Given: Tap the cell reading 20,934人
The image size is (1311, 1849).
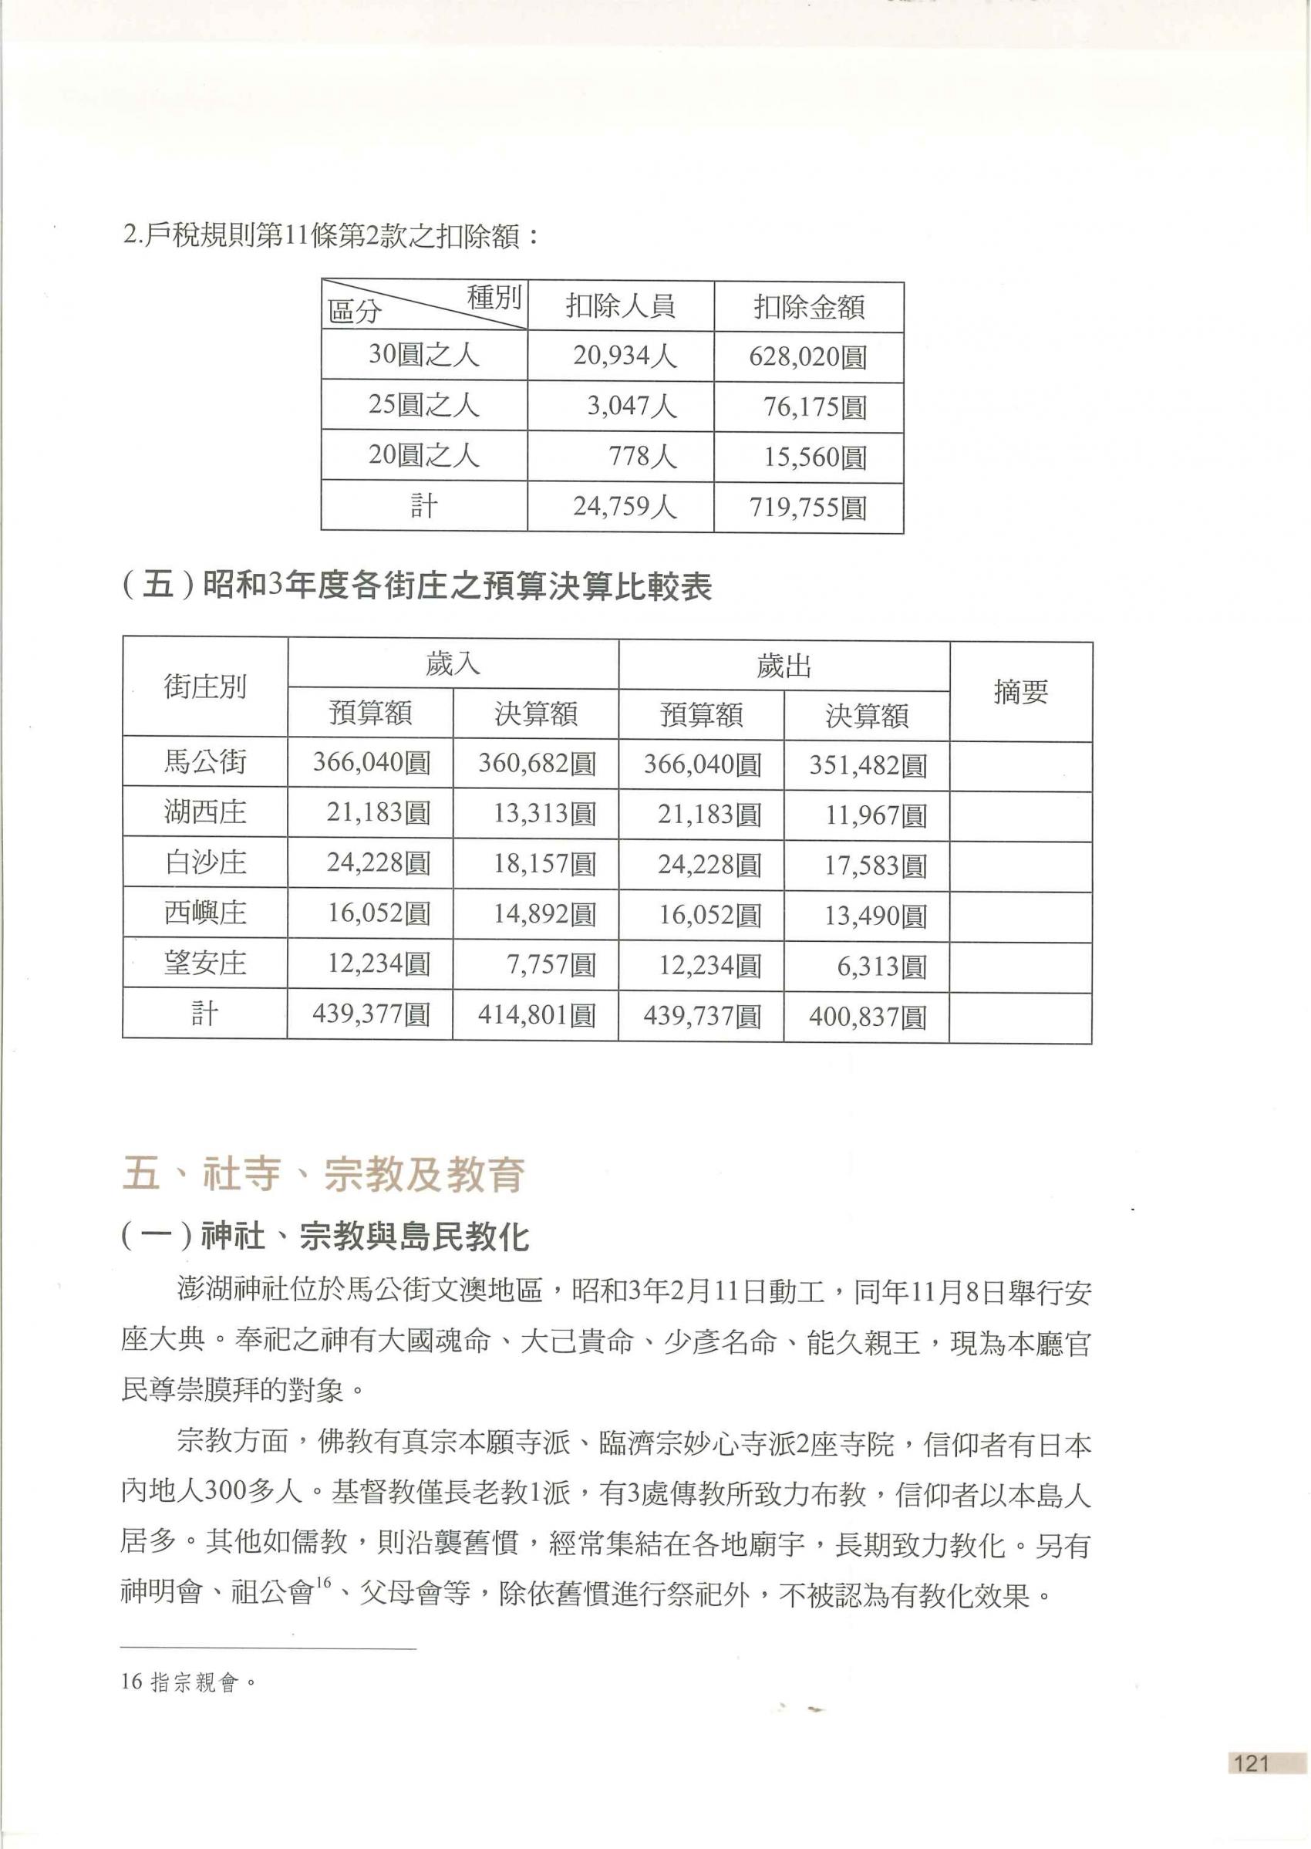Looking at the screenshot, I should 624,356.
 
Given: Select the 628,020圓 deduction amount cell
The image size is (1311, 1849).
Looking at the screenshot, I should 807,356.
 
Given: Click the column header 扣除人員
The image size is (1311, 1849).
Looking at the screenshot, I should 620,306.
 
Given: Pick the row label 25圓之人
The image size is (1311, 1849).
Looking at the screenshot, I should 424,404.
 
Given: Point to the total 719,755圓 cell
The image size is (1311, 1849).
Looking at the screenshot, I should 807,508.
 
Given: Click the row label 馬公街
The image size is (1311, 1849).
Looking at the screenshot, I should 205,762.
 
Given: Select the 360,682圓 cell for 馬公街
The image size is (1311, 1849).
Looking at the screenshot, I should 536,764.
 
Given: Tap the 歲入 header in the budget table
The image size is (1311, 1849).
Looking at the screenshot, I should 453,663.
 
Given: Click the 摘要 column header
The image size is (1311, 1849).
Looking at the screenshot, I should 1020,691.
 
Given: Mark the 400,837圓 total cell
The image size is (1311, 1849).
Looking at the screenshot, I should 867,1017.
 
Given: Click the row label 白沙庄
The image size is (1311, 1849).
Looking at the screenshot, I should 205,863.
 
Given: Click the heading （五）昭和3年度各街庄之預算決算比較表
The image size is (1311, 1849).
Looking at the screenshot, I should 416,587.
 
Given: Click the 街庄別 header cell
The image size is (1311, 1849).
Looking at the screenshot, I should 205,687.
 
